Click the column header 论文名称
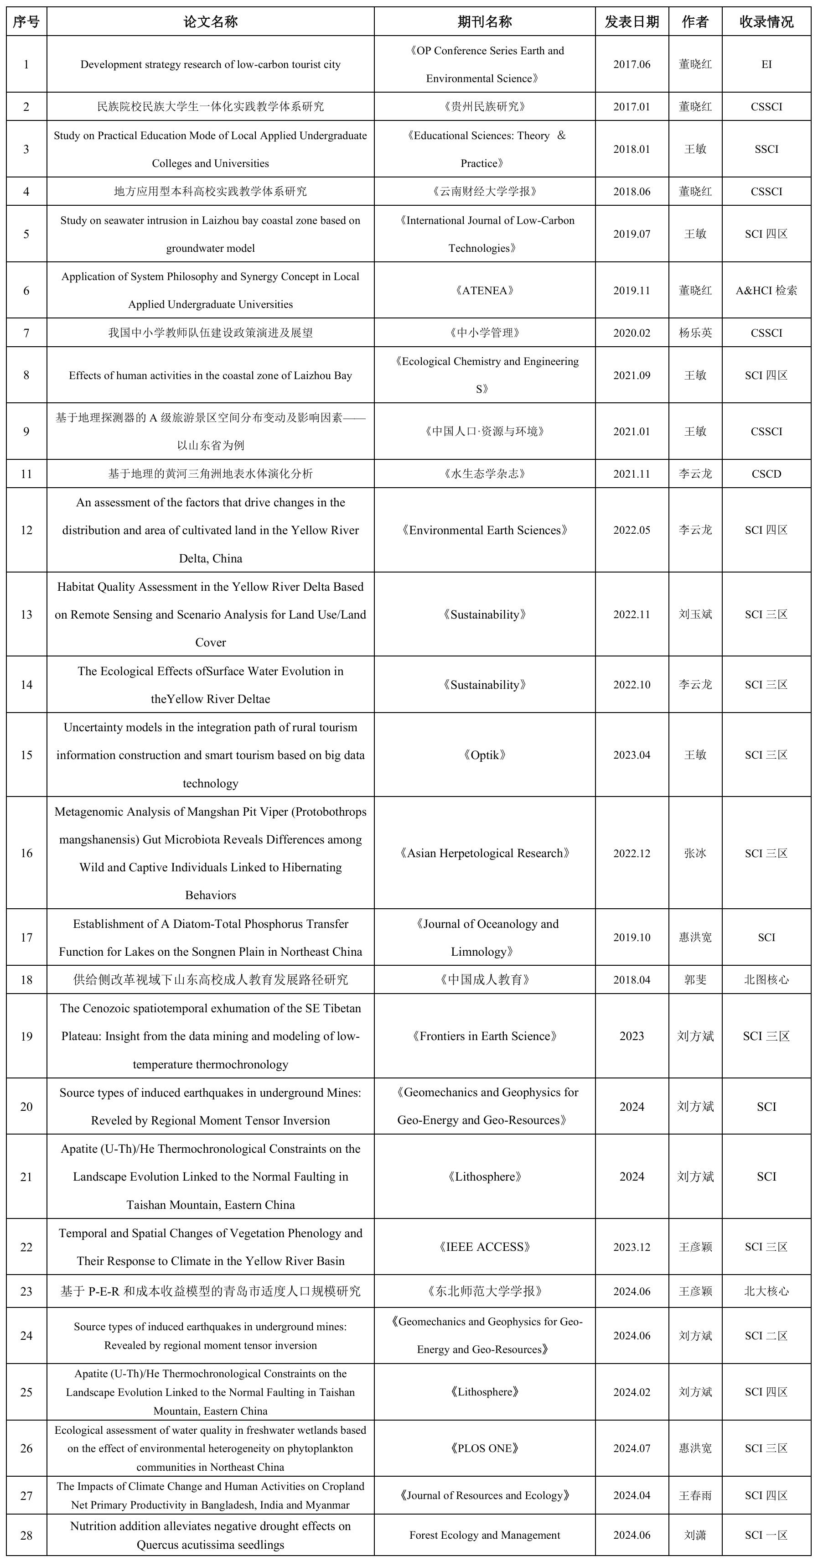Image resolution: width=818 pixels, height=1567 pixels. point(211,22)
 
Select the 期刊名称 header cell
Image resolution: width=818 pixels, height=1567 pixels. point(484,22)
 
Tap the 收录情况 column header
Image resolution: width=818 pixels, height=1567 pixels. point(766,22)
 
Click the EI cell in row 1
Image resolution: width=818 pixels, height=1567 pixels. point(766,64)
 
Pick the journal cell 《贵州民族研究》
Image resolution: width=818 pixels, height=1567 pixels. point(484,106)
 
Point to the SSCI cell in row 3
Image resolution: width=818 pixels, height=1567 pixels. point(766,149)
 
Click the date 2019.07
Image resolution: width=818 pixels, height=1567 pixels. point(632,234)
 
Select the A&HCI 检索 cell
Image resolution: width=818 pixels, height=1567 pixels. point(766,291)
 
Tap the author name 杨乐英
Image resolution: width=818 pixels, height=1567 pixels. point(695,333)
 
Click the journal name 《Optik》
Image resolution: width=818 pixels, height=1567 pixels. point(484,755)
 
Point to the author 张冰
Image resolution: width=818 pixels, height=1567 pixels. point(695,854)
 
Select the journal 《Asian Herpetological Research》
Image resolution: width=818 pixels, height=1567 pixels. point(484,854)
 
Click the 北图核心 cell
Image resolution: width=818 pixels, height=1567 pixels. point(766,980)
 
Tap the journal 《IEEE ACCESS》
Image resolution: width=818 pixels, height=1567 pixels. point(484,1247)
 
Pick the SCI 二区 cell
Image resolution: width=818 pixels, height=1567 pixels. point(766,1336)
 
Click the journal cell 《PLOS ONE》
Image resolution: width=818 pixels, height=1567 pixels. point(484,1448)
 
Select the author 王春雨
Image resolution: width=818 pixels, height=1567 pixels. point(695,1495)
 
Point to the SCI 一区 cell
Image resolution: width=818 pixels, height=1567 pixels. point(766,1536)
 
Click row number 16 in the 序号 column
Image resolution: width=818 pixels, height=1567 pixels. point(26,854)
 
